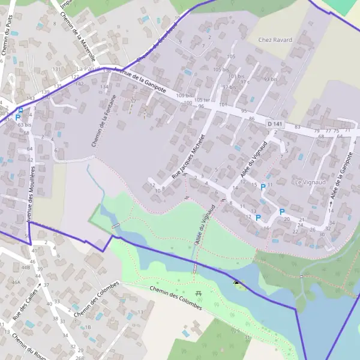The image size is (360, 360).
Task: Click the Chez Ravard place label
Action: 275,40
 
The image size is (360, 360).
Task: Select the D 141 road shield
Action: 274,123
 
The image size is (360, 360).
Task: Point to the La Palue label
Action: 87,70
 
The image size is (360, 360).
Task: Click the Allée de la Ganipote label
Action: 340,178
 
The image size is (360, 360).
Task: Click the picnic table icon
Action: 199,293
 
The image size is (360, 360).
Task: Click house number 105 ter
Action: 203,100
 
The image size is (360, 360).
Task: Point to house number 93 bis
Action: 271,79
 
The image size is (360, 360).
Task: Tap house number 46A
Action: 16,281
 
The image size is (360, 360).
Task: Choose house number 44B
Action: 26,267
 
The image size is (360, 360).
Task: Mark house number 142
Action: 79,85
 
